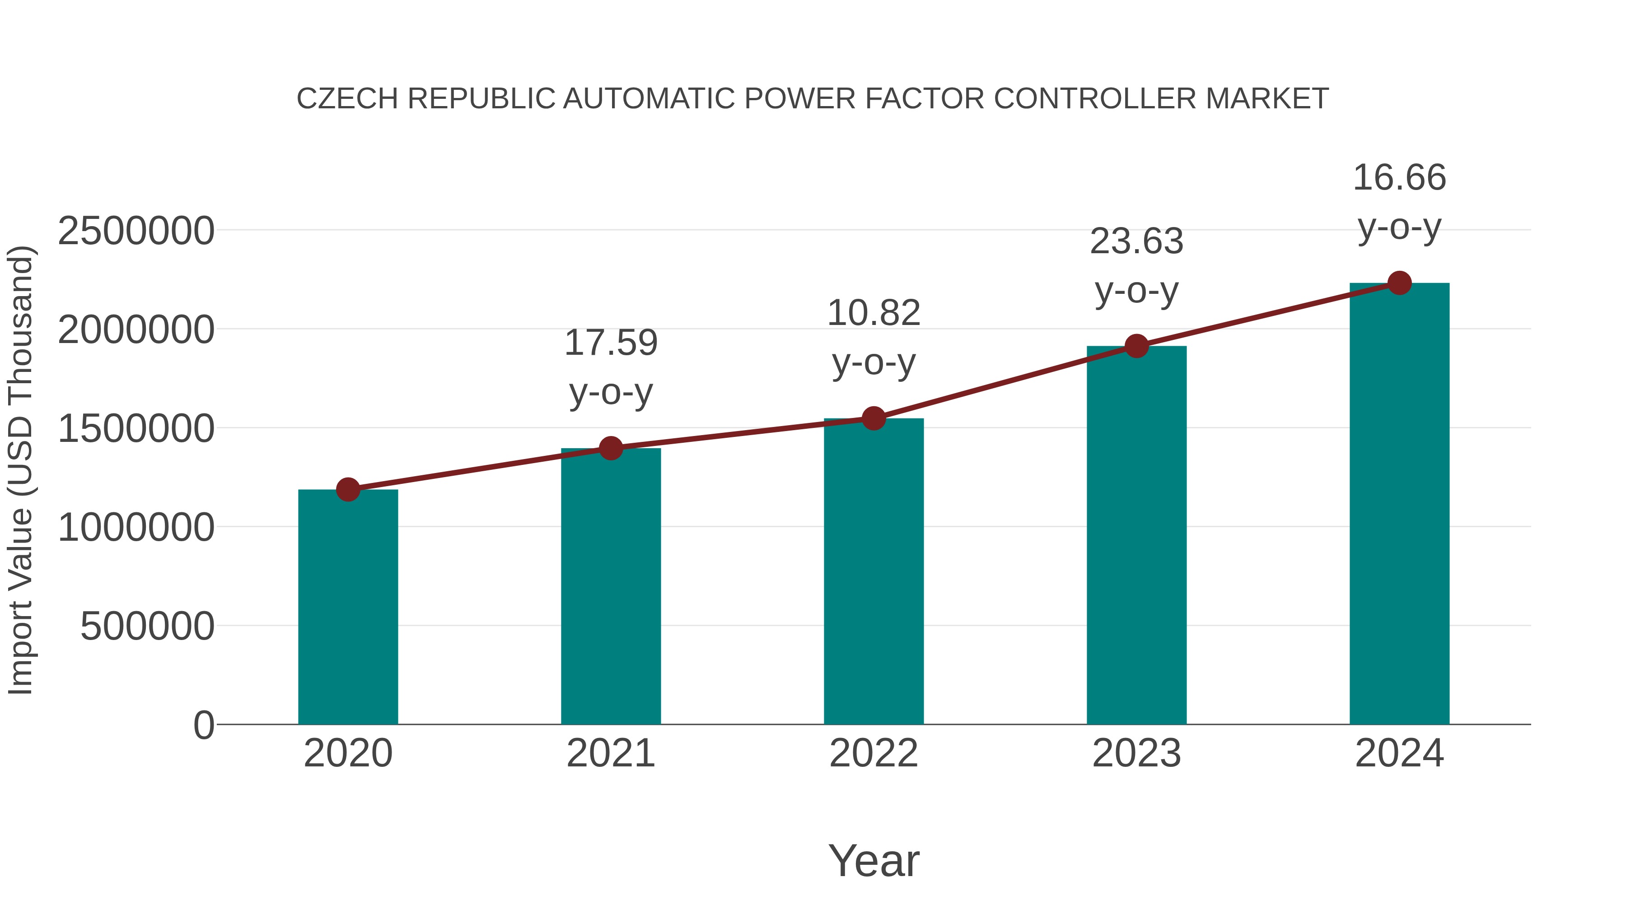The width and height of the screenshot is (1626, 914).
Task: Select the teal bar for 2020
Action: (x=348, y=607)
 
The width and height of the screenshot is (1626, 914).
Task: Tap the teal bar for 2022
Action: (x=874, y=571)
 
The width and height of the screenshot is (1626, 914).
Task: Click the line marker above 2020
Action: (x=348, y=489)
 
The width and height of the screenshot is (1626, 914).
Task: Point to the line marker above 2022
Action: (x=874, y=418)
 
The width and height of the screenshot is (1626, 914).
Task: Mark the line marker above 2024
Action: (x=1399, y=283)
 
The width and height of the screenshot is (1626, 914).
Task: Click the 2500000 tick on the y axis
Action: (x=135, y=231)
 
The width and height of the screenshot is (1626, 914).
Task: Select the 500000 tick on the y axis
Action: (x=147, y=626)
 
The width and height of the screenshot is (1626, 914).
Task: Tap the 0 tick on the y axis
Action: (x=203, y=725)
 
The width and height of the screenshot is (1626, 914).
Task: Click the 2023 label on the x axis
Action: (x=1136, y=753)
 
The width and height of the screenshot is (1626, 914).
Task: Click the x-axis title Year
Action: (x=874, y=860)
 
